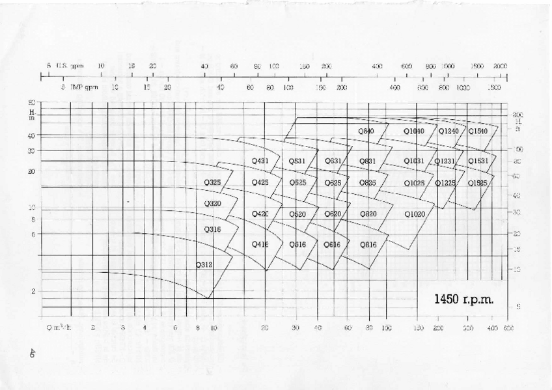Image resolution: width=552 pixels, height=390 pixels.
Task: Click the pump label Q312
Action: tap(204, 265)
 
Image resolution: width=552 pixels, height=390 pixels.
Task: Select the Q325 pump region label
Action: tap(213, 183)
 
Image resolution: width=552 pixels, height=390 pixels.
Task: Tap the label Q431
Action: tap(260, 161)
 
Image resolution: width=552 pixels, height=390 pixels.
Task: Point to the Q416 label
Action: tap(260, 244)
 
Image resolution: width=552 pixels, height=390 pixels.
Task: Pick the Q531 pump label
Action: tap(297, 161)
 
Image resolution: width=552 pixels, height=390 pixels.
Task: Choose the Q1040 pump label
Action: tap(414, 131)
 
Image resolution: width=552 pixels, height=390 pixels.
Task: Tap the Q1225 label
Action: tap(445, 183)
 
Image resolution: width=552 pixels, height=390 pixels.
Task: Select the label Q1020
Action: tap(415, 214)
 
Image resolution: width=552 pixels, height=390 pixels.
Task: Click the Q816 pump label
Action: tap(368, 244)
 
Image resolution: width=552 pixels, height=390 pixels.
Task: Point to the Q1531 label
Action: tap(478, 161)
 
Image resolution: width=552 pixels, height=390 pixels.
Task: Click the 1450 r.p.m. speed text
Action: tap(464, 299)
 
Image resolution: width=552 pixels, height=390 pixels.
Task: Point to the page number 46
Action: tap(31, 353)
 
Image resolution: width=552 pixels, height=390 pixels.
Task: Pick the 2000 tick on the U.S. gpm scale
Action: tap(500, 66)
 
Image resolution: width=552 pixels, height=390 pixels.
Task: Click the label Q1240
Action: tap(448, 131)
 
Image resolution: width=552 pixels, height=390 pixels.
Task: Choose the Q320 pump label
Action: tap(213, 204)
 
